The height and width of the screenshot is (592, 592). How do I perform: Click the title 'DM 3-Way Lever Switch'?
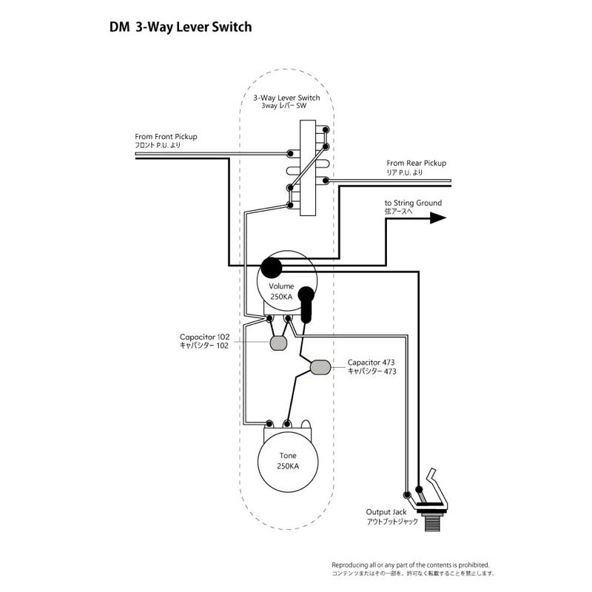coord(181,27)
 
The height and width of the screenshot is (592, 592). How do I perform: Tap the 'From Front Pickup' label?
coord(166,137)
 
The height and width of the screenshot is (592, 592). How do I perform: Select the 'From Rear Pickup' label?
coord(416,163)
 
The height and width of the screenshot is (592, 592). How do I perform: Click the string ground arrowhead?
coord(438,218)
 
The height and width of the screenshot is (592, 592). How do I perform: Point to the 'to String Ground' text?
coord(413,203)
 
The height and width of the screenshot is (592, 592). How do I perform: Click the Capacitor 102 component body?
coord(278,343)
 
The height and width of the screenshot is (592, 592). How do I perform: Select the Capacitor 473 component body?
coord(320,367)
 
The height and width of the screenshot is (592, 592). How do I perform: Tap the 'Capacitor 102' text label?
coord(204,337)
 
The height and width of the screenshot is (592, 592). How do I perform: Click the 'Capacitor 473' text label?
coord(371,363)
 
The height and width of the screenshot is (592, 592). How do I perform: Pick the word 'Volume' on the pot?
coord(281,286)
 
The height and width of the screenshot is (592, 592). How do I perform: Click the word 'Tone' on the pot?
coord(288,456)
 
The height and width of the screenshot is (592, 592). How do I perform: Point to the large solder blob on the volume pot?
coord(271,267)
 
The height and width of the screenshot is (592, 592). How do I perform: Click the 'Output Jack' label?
coord(386,512)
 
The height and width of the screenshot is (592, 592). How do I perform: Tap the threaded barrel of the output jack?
coord(432,523)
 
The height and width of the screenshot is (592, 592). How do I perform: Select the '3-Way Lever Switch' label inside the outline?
coord(286,98)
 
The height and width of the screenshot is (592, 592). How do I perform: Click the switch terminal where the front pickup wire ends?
coord(290,153)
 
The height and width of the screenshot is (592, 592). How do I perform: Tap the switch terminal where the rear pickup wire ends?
coord(326,181)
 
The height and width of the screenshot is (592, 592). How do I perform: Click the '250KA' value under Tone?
coord(288,466)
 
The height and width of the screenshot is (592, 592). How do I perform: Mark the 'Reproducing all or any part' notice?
coord(411,565)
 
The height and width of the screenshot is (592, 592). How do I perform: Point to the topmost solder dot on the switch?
coord(326,129)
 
